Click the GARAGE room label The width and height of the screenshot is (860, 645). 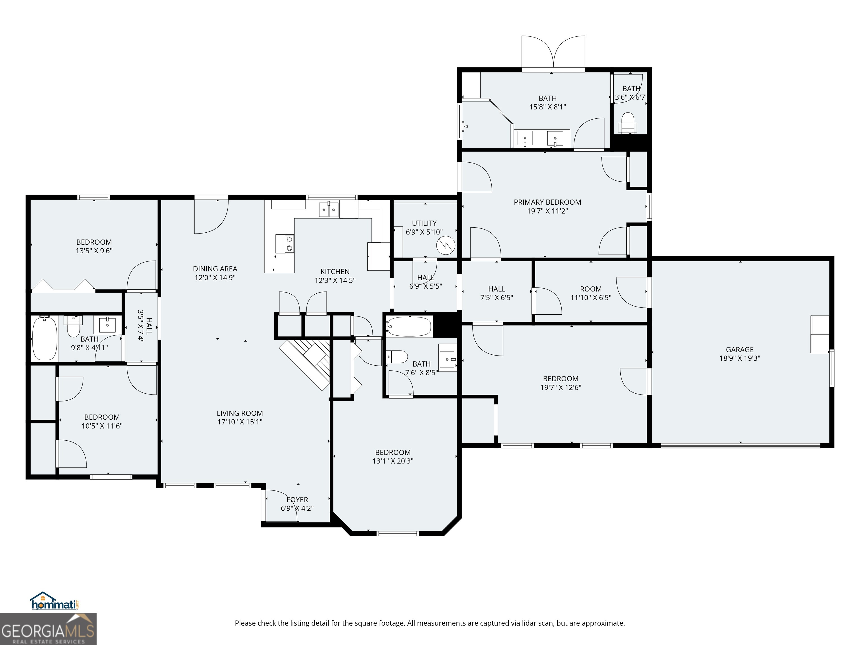(x=739, y=350)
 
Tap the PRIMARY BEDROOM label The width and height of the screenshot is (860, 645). (x=547, y=202)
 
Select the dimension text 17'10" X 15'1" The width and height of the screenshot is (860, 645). (x=240, y=422)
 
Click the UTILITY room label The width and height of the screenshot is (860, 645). (x=424, y=223)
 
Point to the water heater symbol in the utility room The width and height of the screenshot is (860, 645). (x=446, y=245)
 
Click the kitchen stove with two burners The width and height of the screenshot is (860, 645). (x=285, y=244)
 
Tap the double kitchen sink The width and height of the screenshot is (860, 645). (x=329, y=210)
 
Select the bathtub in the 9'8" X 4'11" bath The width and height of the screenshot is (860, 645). (x=45, y=338)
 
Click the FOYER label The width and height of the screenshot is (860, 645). (x=297, y=500)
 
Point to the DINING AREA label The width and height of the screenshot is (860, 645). (x=215, y=269)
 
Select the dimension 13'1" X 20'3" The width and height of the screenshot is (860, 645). (x=393, y=461)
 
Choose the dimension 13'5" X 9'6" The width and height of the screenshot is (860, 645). (x=94, y=251)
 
